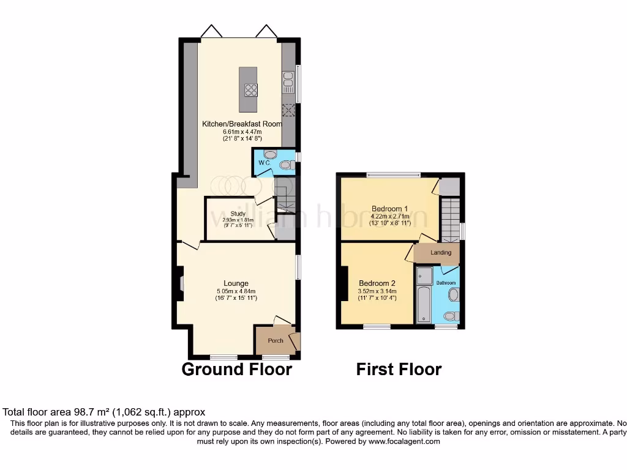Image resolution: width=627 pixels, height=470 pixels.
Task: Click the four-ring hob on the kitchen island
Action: pyautogui.click(x=251, y=90)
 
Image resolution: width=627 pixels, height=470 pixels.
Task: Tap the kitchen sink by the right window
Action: pyautogui.click(x=288, y=79)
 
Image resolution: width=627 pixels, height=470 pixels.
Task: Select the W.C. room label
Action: pyautogui.click(x=265, y=163)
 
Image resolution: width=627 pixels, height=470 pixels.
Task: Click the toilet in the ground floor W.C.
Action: pyautogui.click(x=285, y=165)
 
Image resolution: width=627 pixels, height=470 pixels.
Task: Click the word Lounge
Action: pyautogui.click(x=236, y=283)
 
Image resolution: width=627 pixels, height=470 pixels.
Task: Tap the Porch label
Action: pyautogui.click(x=276, y=340)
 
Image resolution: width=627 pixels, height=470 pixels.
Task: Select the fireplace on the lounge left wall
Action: pyautogui.click(x=181, y=283)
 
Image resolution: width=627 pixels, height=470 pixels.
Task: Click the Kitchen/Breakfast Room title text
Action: pyautogui.click(x=242, y=124)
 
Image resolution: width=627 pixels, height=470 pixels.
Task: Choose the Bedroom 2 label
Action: pyautogui.click(x=377, y=283)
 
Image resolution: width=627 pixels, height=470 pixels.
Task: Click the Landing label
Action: pyautogui.click(x=441, y=252)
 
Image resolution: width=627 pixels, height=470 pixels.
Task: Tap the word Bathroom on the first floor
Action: pyautogui.click(x=446, y=283)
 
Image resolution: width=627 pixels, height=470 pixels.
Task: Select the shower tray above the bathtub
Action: pyautogui.click(x=424, y=276)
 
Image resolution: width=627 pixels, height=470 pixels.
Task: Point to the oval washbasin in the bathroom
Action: pyautogui.click(x=454, y=296)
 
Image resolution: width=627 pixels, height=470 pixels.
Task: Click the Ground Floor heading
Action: pyautogui.click(x=237, y=370)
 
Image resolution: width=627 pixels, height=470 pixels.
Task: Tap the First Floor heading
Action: pyautogui.click(x=399, y=370)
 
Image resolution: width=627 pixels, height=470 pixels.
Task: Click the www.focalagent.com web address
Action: pyautogui.click(x=404, y=441)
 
